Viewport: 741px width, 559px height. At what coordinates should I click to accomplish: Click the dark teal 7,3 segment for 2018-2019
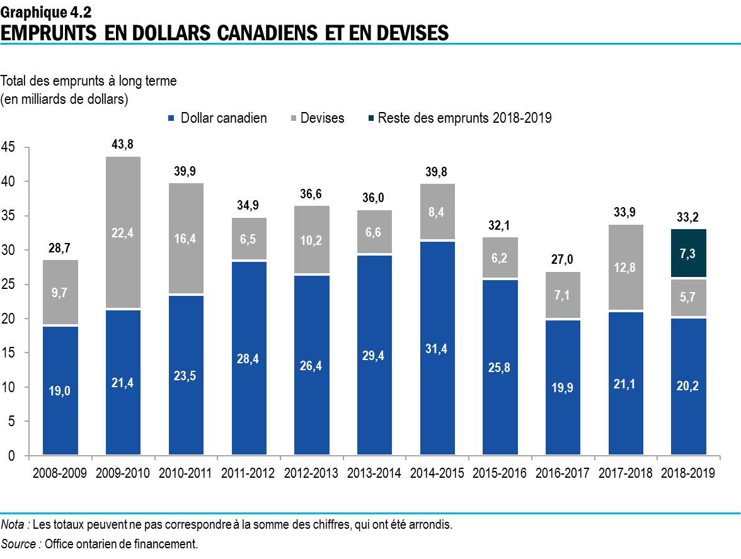pyautogui.click(x=688, y=253)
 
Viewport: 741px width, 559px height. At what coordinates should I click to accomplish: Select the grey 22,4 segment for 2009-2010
pyautogui.click(x=123, y=232)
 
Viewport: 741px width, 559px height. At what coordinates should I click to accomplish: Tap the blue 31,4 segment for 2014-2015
pyautogui.click(x=437, y=348)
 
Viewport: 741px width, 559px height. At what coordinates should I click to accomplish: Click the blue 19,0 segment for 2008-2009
pyautogui.click(x=60, y=390)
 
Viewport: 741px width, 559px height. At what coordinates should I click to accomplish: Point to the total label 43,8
pyautogui.click(x=122, y=144)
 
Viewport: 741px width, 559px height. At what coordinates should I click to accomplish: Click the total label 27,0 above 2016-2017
pyautogui.click(x=562, y=259)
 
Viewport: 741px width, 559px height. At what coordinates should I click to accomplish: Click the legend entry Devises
pyautogui.click(x=322, y=118)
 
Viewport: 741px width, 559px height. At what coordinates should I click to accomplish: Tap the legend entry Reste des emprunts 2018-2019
pyautogui.click(x=464, y=118)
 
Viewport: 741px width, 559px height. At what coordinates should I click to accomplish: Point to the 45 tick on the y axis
pyautogui.click(x=9, y=147)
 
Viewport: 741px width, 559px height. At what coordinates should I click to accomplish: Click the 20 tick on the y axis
pyautogui.click(x=9, y=319)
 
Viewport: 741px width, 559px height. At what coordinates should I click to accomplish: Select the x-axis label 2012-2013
pyautogui.click(x=311, y=473)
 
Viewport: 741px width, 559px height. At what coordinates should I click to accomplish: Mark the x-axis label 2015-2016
pyautogui.click(x=499, y=473)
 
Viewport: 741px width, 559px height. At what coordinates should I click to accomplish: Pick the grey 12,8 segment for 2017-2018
pyautogui.click(x=625, y=268)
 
